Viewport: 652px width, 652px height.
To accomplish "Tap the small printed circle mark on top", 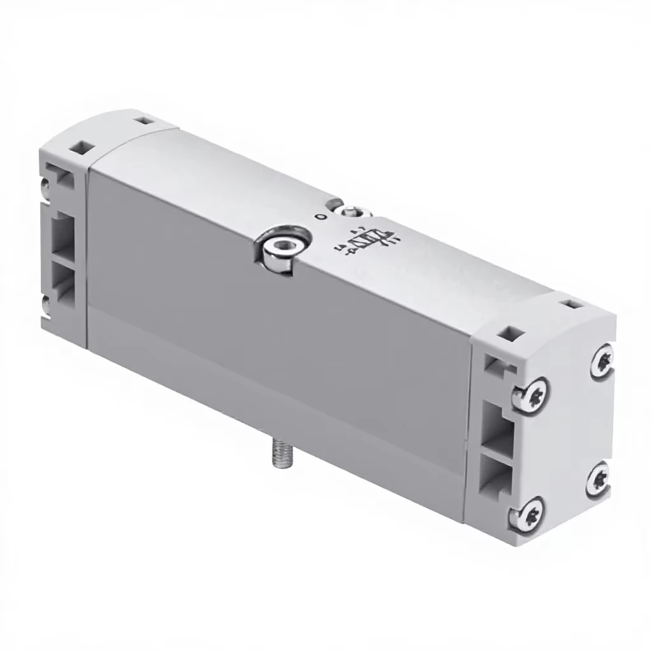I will tap(320, 217).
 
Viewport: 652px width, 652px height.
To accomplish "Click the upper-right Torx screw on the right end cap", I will tap(602, 361).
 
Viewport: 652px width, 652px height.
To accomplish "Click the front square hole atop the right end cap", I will tap(509, 332).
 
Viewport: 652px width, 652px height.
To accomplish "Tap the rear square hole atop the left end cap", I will tap(146, 120).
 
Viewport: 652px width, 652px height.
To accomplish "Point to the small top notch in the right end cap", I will tap(493, 365).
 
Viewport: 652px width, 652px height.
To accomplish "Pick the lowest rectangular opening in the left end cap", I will tap(62, 281).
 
